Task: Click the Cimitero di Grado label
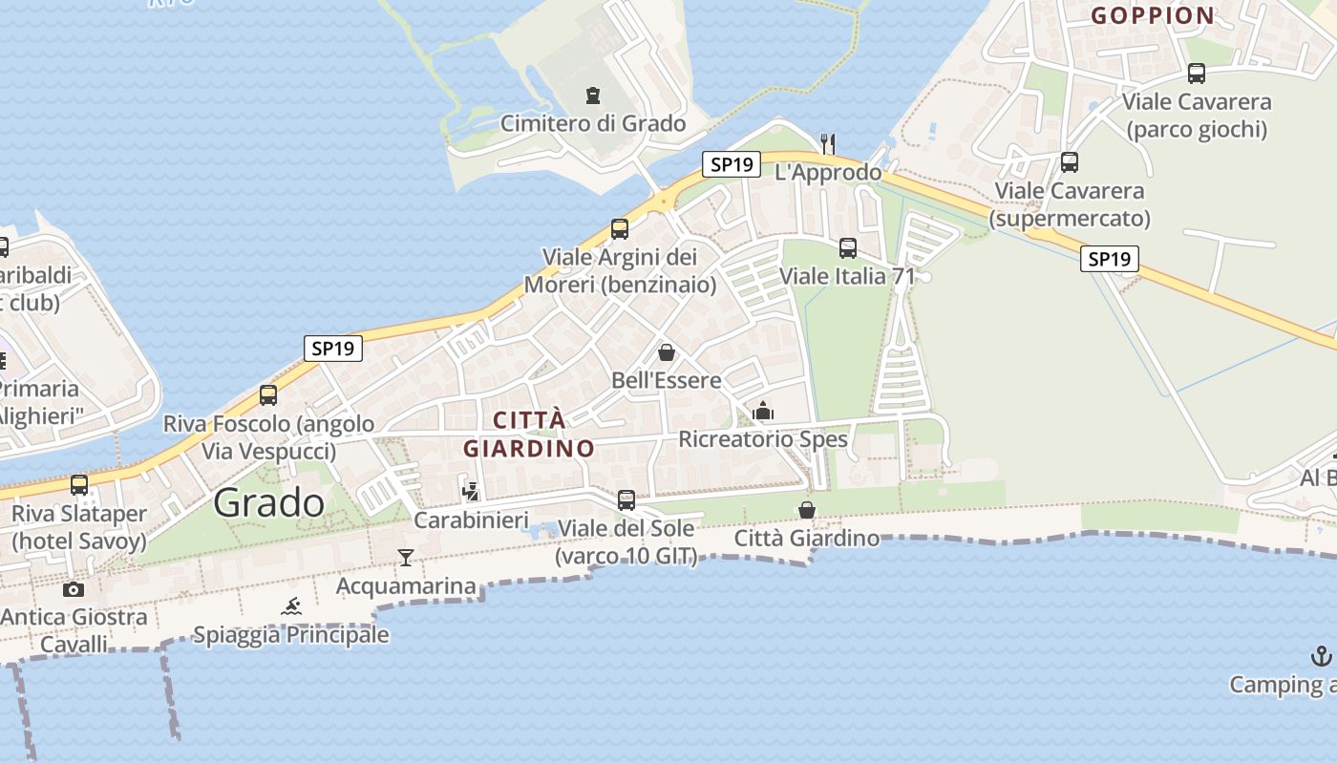pos(593,123)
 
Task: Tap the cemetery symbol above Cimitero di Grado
pos(593,95)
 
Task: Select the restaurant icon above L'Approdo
pos(828,144)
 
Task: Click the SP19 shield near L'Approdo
pos(732,164)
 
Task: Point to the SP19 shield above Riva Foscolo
pos(333,349)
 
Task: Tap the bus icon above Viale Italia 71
pos(847,249)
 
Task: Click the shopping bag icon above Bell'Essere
pos(667,352)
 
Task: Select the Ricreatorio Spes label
pos(763,439)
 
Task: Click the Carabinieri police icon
pos(470,492)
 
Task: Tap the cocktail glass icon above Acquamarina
pos(406,557)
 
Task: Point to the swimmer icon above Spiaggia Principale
pos(291,605)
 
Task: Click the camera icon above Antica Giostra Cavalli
pos(74,589)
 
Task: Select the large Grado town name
pos(269,502)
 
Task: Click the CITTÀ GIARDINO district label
pos(529,434)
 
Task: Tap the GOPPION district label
pos(1153,15)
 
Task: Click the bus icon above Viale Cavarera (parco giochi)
pos(1197,74)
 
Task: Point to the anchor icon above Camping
pos(1321,656)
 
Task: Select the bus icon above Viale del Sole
pos(626,499)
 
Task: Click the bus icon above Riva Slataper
pos(79,485)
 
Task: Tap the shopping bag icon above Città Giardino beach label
pos(807,510)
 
